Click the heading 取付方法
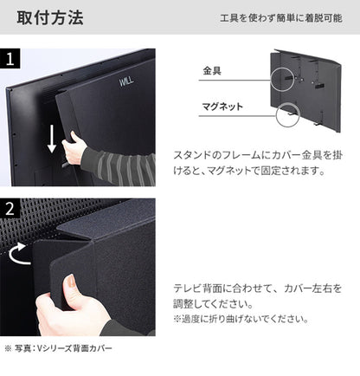[48, 16]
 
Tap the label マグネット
[222, 107]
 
